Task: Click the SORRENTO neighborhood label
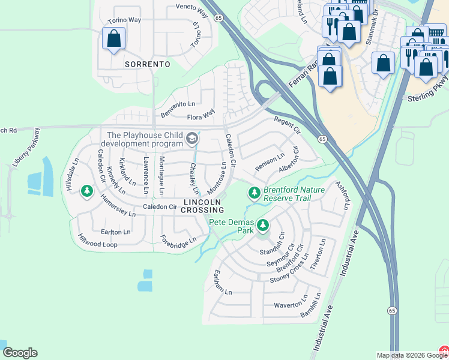point(147,64)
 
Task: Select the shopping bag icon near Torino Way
point(113,39)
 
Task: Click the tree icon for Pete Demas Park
point(262,226)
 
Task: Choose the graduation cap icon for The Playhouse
point(191,139)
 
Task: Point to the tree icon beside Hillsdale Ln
point(87,191)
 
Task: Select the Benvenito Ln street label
point(178,109)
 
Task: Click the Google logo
point(20,353)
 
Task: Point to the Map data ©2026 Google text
point(406,355)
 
